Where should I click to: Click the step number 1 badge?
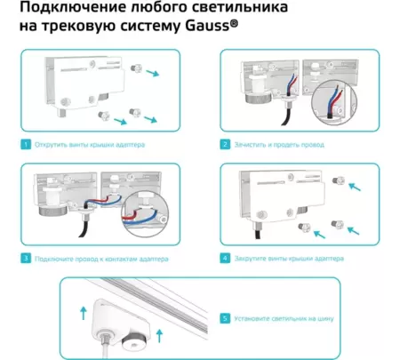pos(26,142)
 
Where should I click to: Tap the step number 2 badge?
pos(226,142)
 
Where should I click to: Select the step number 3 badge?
pos(26,258)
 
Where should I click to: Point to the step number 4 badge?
pos(226,258)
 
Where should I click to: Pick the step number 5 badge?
pos(226,316)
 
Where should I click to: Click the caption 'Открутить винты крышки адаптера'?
pos(89,142)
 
